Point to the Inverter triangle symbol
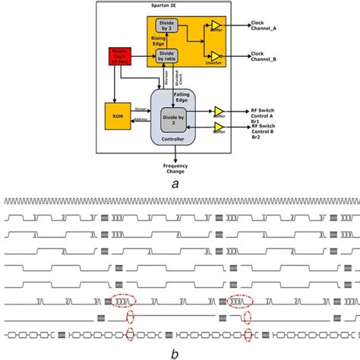[x=217, y=55]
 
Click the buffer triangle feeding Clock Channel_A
[x=217, y=25]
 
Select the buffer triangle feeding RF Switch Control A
[x=219, y=110]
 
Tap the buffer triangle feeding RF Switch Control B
[x=219, y=126]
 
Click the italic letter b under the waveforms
[x=175, y=352]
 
